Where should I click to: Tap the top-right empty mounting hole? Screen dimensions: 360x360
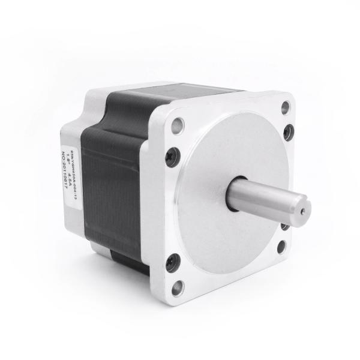(286, 108)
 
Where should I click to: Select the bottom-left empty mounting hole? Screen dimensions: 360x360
(178, 287)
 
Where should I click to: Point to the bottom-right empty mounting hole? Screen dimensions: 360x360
(282, 247)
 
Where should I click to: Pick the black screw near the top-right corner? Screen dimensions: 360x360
(289, 133)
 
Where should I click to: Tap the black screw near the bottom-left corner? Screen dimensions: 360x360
(172, 261)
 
